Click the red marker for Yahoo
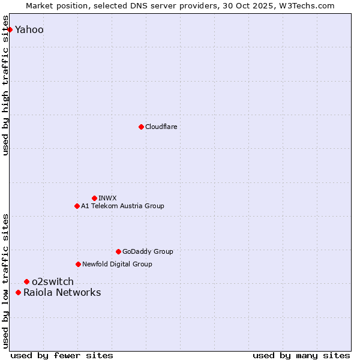pyautogui.click(x=10, y=29)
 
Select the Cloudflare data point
pyautogui.click(x=141, y=127)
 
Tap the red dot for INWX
pyautogui.click(x=94, y=198)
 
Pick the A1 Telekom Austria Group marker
pyautogui.click(x=77, y=206)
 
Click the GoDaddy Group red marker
pyautogui.click(x=118, y=251)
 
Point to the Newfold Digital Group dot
pyautogui.click(x=78, y=264)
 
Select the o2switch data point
pyautogui.click(x=26, y=281)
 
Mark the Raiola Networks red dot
pyautogui.click(x=18, y=292)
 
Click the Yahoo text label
pyautogui.click(x=29, y=30)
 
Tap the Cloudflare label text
pyautogui.click(x=161, y=127)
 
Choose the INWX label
pyautogui.click(x=107, y=198)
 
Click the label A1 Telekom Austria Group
pyautogui.click(x=122, y=206)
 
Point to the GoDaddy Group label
pyautogui.click(x=148, y=251)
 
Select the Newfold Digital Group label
pyautogui.click(x=117, y=264)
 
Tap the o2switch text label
pyautogui.click(x=53, y=281)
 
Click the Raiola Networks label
pyautogui.click(x=62, y=293)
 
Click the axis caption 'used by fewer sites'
pyautogui.click(x=62, y=356)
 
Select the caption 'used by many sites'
pyautogui.click(x=301, y=356)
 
